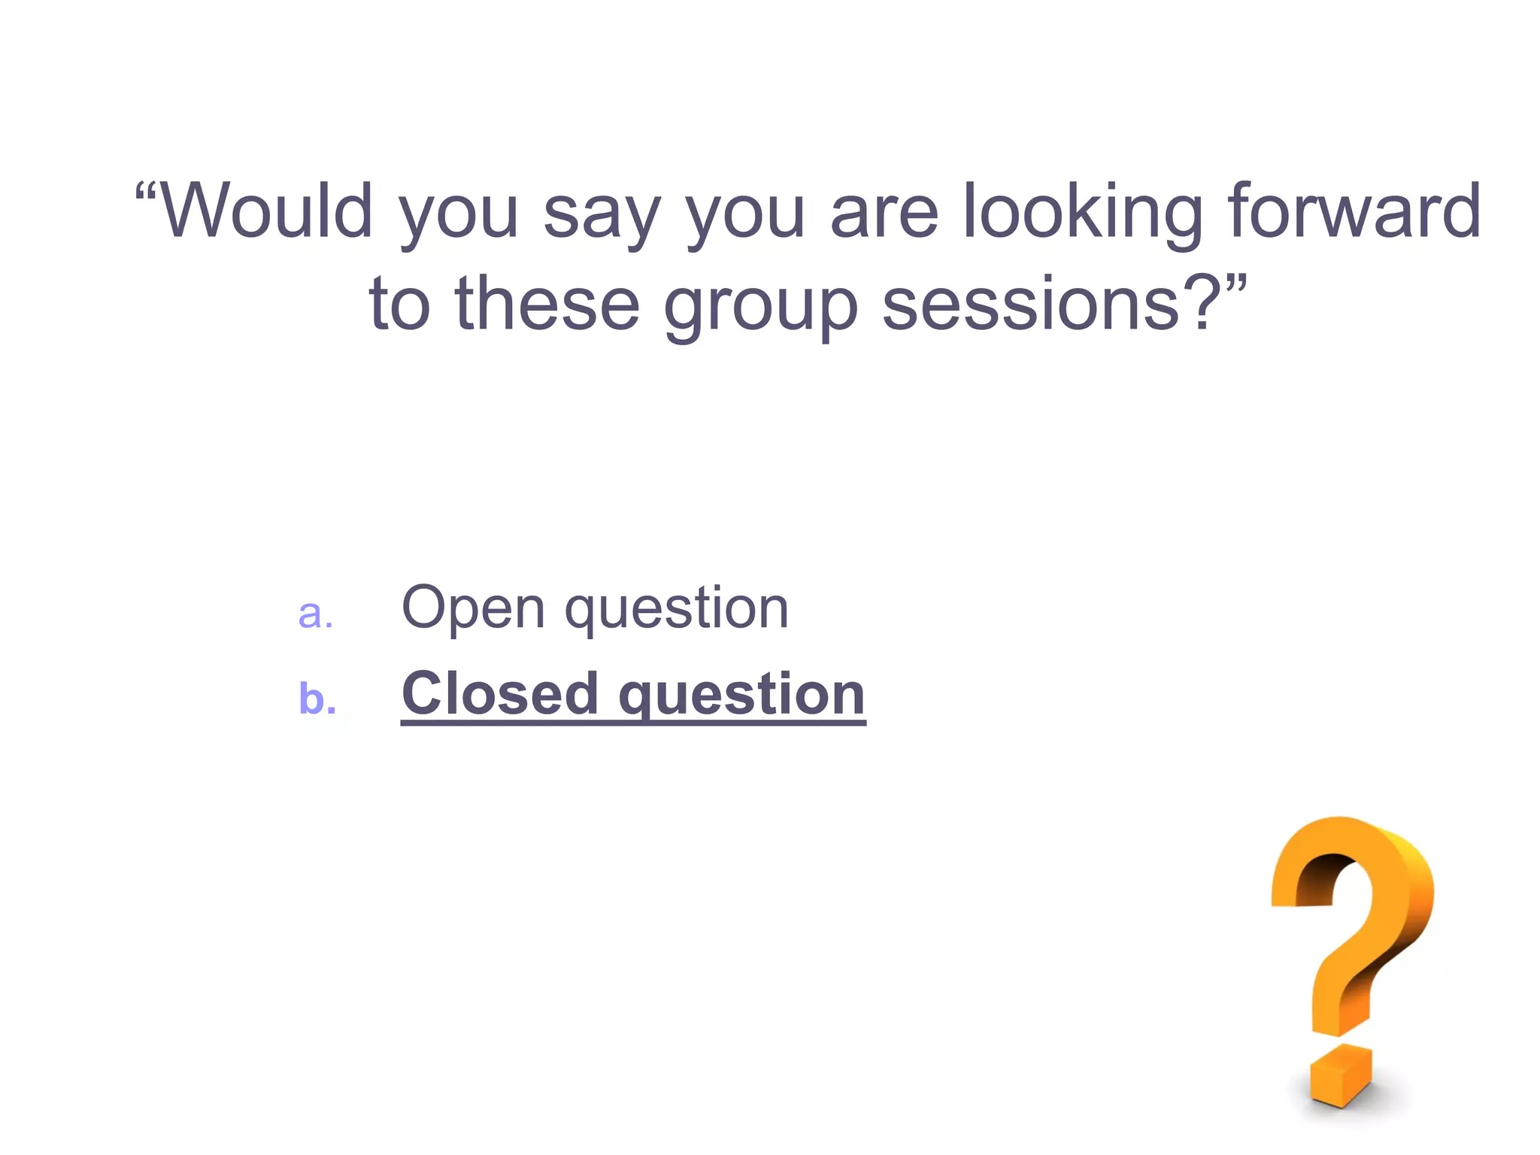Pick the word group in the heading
click(760, 310)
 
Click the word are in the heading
click(884, 218)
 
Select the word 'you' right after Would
click(459, 218)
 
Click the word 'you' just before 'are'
click(745, 218)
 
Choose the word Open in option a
click(473, 609)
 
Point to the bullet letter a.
click(315, 614)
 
